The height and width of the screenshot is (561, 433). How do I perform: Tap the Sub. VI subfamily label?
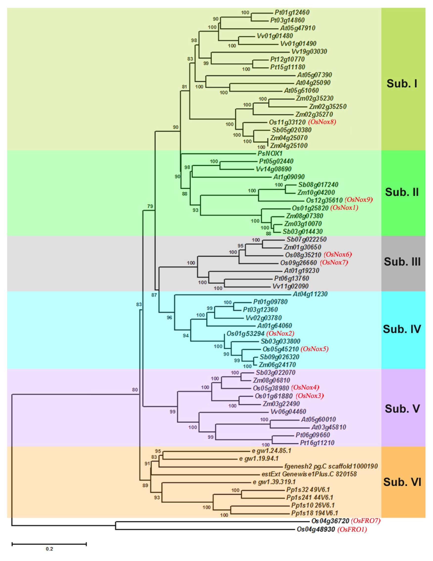tap(402, 482)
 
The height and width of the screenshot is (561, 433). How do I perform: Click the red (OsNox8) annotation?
tap(322, 122)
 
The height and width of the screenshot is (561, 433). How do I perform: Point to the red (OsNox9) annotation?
tap(359, 200)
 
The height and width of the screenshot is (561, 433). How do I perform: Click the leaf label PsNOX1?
tap(270, 154)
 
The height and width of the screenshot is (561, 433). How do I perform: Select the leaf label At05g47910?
tap(297, 28)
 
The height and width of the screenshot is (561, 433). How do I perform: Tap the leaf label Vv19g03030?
tap(309, 52)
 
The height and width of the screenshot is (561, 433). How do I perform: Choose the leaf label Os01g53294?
tap(245, 334)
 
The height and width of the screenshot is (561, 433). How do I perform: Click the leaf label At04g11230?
tap(310, 294)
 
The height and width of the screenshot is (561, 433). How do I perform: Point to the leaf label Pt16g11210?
tap(317, 443)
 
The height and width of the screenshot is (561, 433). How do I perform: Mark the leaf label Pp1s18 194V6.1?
tap(315, 514)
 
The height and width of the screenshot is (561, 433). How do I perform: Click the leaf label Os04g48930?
tap(316, 529)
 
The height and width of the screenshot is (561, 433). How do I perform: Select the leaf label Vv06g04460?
tap(288, 412)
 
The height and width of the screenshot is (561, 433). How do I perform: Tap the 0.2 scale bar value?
tap(49, 549)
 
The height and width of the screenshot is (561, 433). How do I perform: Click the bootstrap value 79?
tap(150, 206)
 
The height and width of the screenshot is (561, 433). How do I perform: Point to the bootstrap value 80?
tap(135, 390)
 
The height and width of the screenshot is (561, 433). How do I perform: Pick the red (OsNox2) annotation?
tap(280, 334)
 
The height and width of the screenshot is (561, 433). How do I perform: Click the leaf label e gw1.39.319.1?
tap(274, 482)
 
